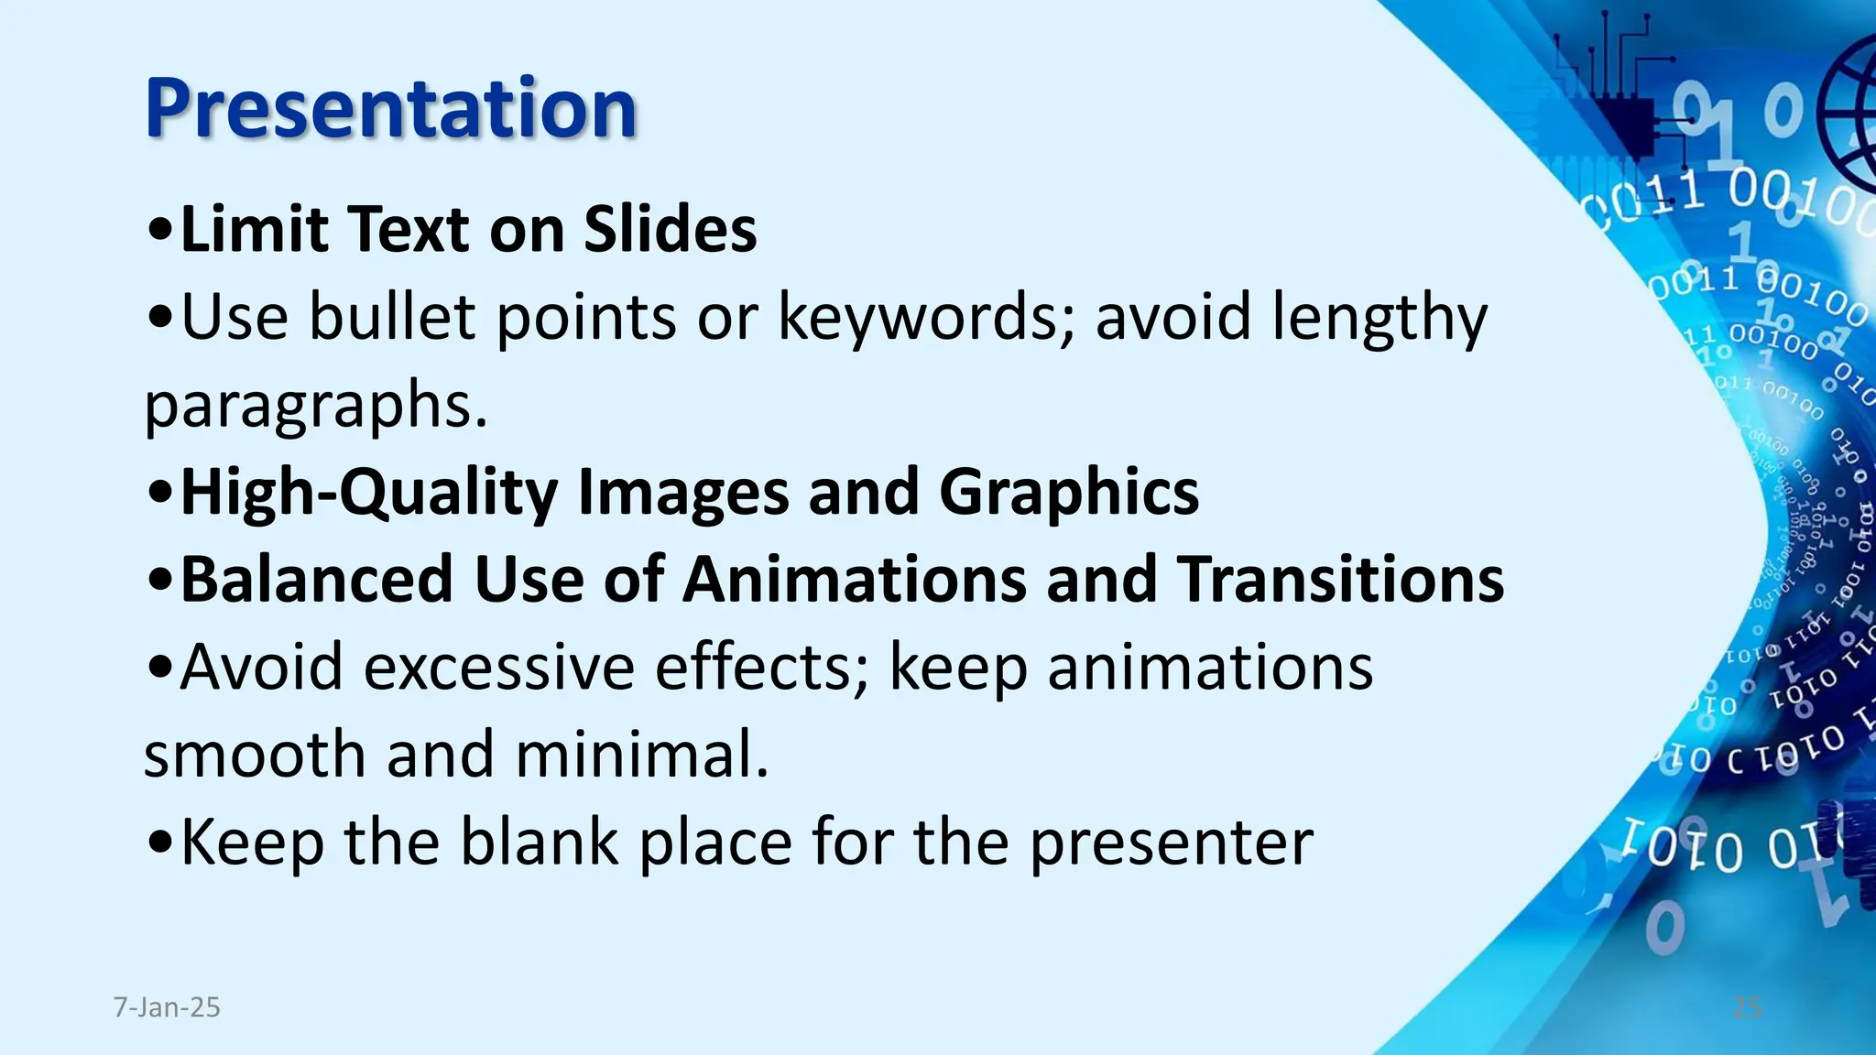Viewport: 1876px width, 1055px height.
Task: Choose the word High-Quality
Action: [369, 493]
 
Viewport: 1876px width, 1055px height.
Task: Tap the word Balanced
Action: [317, 580]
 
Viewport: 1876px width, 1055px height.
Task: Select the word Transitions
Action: [1340, 580]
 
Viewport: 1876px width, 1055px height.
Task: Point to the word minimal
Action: [641, 755]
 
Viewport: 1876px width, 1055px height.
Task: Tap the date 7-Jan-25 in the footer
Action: [167, 1007]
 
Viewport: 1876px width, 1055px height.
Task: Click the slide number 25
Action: [1747, 1007]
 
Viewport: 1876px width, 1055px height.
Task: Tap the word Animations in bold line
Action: [855, 580]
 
